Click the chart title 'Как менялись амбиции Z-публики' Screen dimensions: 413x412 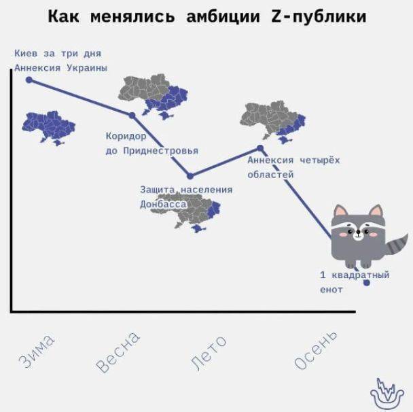coord(207,16)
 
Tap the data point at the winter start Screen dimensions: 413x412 coord(29,80)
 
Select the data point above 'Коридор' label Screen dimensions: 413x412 coord(132,116)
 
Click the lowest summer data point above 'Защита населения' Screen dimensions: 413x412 coord(190,176)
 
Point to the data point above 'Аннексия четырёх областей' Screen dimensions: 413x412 coord(260,148)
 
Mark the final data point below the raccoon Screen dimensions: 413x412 coord(366,283)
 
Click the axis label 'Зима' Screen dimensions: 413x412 coord(37,351)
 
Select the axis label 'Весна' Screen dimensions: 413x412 coord(118,352)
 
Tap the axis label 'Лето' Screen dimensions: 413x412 coord(208,354)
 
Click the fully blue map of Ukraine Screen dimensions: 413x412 coord(48,128)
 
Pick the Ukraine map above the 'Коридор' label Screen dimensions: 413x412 coord(153,97)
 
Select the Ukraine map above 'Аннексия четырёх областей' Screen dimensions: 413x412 coord(273,122)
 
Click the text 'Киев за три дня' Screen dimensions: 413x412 coord(58,54)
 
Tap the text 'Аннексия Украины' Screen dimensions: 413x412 coord(61,68)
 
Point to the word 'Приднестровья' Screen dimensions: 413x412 coord(161,151)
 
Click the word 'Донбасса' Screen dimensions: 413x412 coord(163,204)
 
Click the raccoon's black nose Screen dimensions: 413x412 coord(358,233)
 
